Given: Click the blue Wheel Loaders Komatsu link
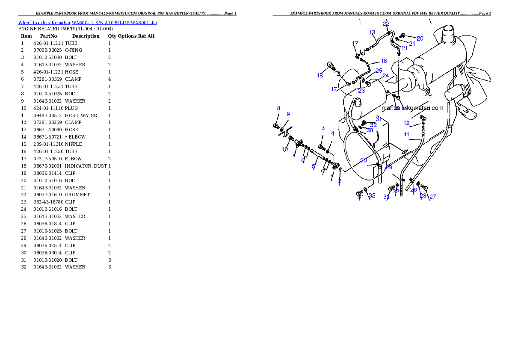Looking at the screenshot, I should pyautogui.click(x=87, y=23).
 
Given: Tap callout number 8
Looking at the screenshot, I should pyautogui.click(x=279, y=109).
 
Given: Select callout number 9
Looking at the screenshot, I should pyautogui.click(x=288, y=114).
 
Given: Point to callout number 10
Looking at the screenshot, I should pyautogui.click(x=285, y=150).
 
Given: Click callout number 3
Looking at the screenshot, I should pyautogui.click(x=323, y=128).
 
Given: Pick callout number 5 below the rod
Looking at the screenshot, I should pyautogui.click(x=314, y=166).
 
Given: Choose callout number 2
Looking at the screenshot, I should pyautogui.click(x=340, y=181).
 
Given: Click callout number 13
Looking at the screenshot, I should pyautogui.click(x=372, y=32).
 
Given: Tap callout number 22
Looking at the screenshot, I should pyautogui.click(x=386, y=24).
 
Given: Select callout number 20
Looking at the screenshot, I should pyautogui.click(x=420, y=38).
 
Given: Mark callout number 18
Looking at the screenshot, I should pyautogui.click(x=320, y=76).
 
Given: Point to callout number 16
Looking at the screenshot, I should pyautogui.click(x=384, y=61).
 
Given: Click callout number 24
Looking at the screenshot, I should pyautogui.click(x=386, y=76).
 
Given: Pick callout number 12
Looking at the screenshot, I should pyautogui.click(x=407, y=123).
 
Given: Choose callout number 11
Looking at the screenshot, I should pyautogui.click(x=407, y=134).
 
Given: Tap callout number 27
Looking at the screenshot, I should pyautogui.click(x=433, y=197).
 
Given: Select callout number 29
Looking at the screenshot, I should pyautogui.click(x=389, y=168).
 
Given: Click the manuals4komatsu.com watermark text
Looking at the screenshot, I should pyautogui.click(x=412, y=108).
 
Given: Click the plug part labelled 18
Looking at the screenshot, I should pyautogui.click(x=330, y=66).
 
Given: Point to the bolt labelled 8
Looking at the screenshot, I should pyautogui.click(x=276, y=126).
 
